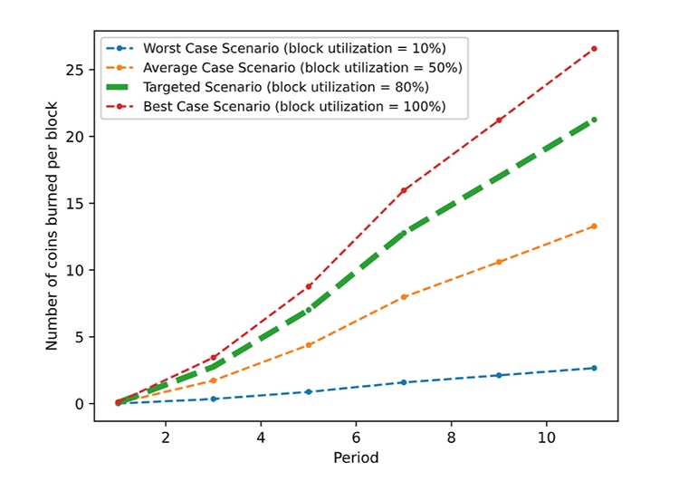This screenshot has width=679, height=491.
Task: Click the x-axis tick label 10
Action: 546,438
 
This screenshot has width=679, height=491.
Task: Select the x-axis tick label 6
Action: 356,438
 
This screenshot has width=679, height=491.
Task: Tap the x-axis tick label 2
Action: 166,438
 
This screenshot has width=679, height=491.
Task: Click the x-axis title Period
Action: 356,458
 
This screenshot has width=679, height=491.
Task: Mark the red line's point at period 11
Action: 594,49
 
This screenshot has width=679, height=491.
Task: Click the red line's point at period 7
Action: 404,190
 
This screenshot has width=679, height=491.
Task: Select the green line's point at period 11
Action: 594,120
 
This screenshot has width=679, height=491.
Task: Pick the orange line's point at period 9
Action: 499,262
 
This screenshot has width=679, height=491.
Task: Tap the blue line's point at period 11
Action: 594,368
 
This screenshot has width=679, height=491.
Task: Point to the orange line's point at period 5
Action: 309,345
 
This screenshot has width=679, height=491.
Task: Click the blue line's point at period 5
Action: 309,392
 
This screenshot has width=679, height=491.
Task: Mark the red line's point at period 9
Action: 499,120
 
